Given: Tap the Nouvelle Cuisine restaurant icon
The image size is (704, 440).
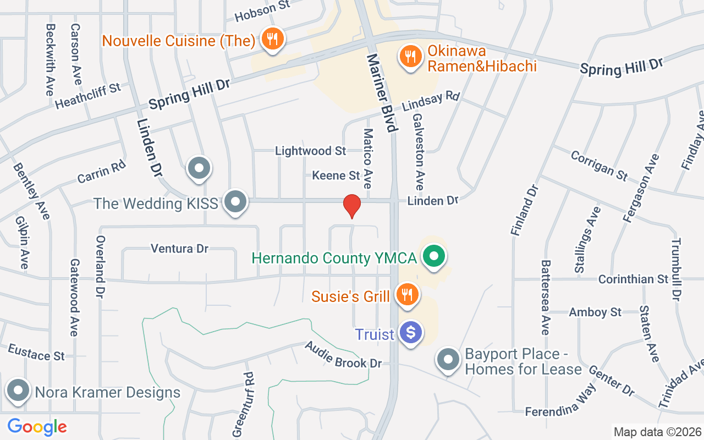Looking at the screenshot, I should (x=272, y=39).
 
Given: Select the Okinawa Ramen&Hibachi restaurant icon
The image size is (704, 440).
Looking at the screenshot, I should (x=410, y=56).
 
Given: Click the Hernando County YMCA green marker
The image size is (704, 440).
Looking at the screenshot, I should (x=434, y=256).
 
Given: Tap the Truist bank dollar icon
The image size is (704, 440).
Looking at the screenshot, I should (x=410, y=332).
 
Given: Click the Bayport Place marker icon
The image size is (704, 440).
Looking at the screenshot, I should (x=448, y=360).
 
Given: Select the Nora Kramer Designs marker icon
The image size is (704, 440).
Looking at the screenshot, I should (x=18, y=391).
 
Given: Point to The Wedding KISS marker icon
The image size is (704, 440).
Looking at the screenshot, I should (x=236, y=202).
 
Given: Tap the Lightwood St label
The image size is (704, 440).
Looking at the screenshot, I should (x=310, y=151).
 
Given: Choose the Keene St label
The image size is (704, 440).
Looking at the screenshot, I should (x=335, y=175).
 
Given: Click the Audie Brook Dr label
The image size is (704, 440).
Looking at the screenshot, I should (x=343, y=355).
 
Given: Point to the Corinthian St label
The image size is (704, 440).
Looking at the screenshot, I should (x=633, y=279).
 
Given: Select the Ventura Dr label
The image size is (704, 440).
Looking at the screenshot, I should (x=180, y=249).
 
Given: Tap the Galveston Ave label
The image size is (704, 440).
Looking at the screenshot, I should (x=419, y=148).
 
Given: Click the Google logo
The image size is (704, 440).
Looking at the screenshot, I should (x=37, y=426).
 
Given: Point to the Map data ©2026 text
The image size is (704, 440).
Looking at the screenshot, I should (x=657, y=432).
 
